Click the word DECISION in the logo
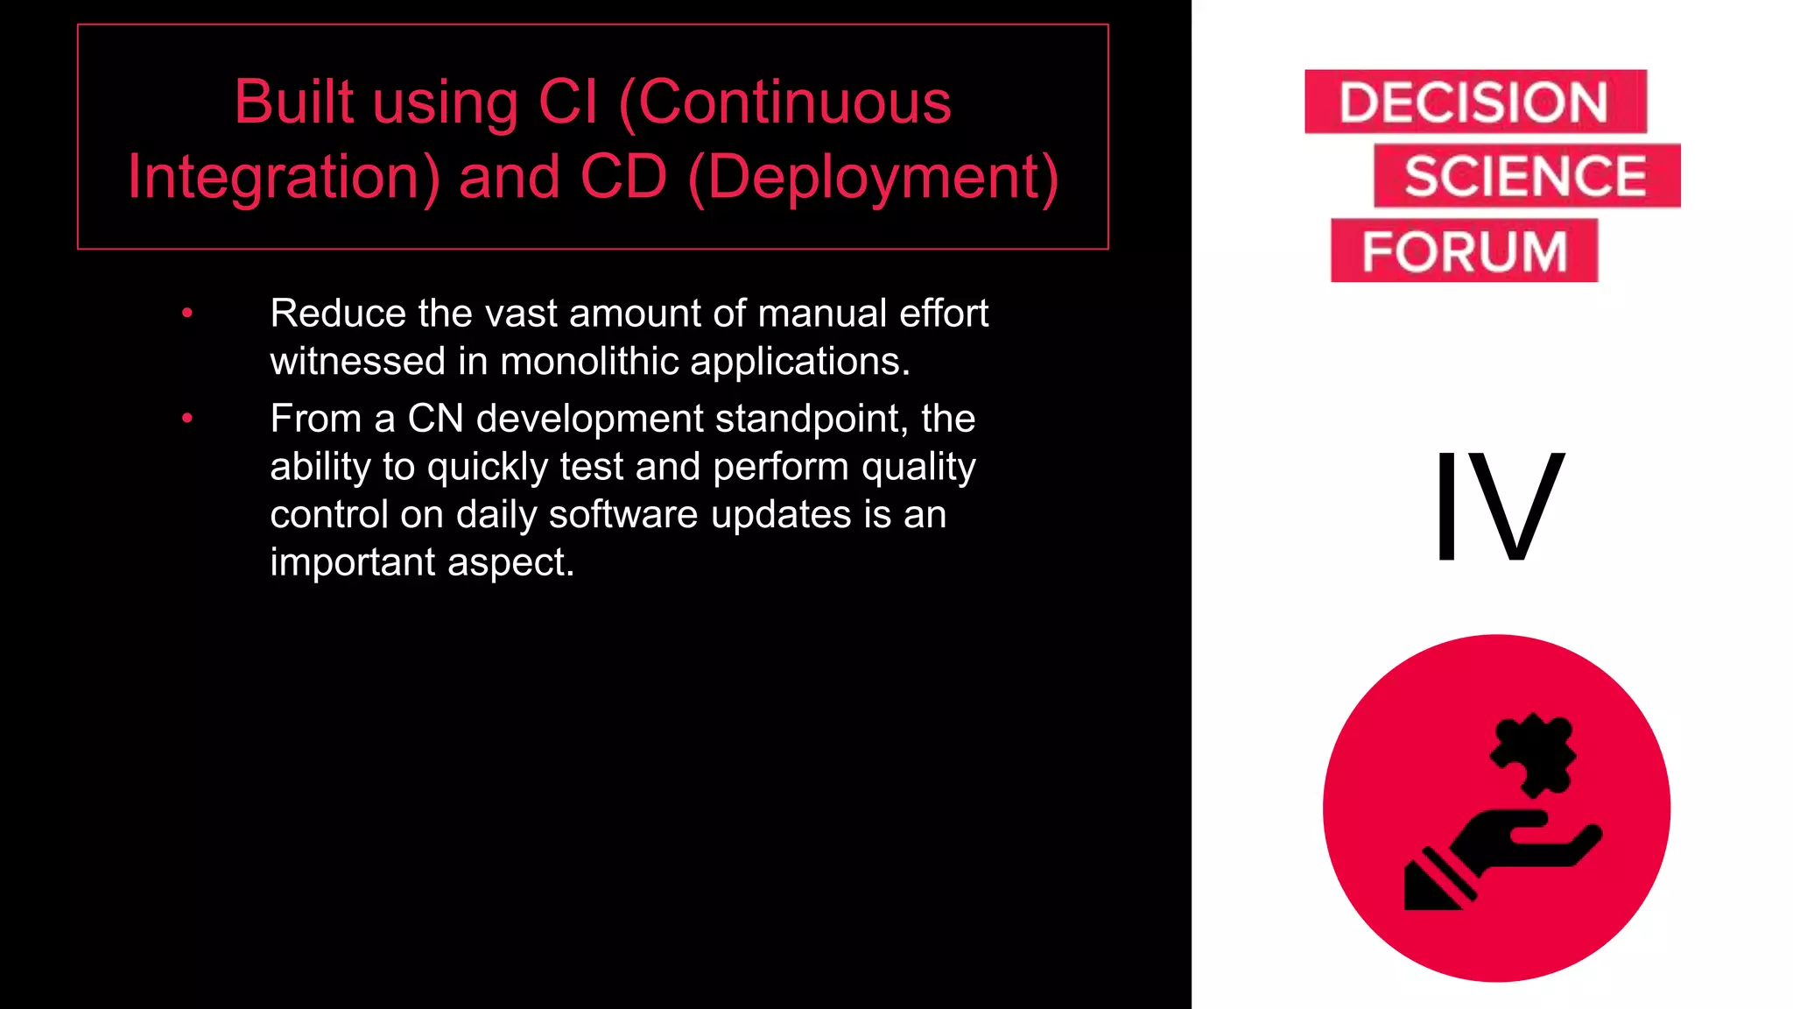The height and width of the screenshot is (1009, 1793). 1474,102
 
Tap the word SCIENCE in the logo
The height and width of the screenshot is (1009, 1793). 1526,176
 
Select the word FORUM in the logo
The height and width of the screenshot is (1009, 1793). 1464,251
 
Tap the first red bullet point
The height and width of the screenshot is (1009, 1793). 186,314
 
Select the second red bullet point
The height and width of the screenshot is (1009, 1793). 186,419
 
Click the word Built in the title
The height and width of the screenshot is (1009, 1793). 294,102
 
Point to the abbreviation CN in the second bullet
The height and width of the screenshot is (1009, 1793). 435,419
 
